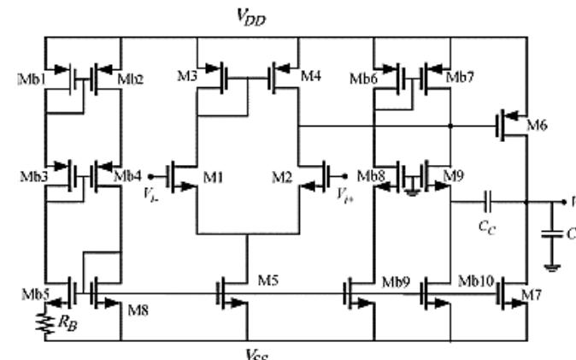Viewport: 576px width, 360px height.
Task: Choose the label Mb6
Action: tap(365, 79)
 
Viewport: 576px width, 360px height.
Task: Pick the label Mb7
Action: tap(461, 79)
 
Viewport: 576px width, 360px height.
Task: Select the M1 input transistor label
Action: tap(214, 178)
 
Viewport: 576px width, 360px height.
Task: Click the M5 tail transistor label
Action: tap(270, 281)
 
